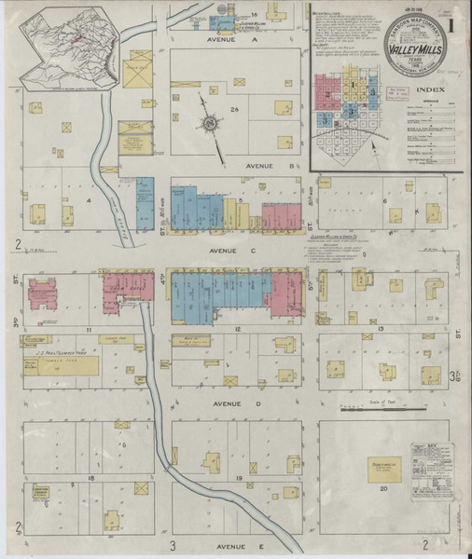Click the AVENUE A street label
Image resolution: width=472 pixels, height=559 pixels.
click(227, 42)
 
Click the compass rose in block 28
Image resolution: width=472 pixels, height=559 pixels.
click(211, 123)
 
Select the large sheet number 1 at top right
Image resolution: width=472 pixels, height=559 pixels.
click(451, 20)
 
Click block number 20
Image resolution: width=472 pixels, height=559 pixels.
click(382, 487)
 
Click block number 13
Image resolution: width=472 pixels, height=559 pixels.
click(382, 330)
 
